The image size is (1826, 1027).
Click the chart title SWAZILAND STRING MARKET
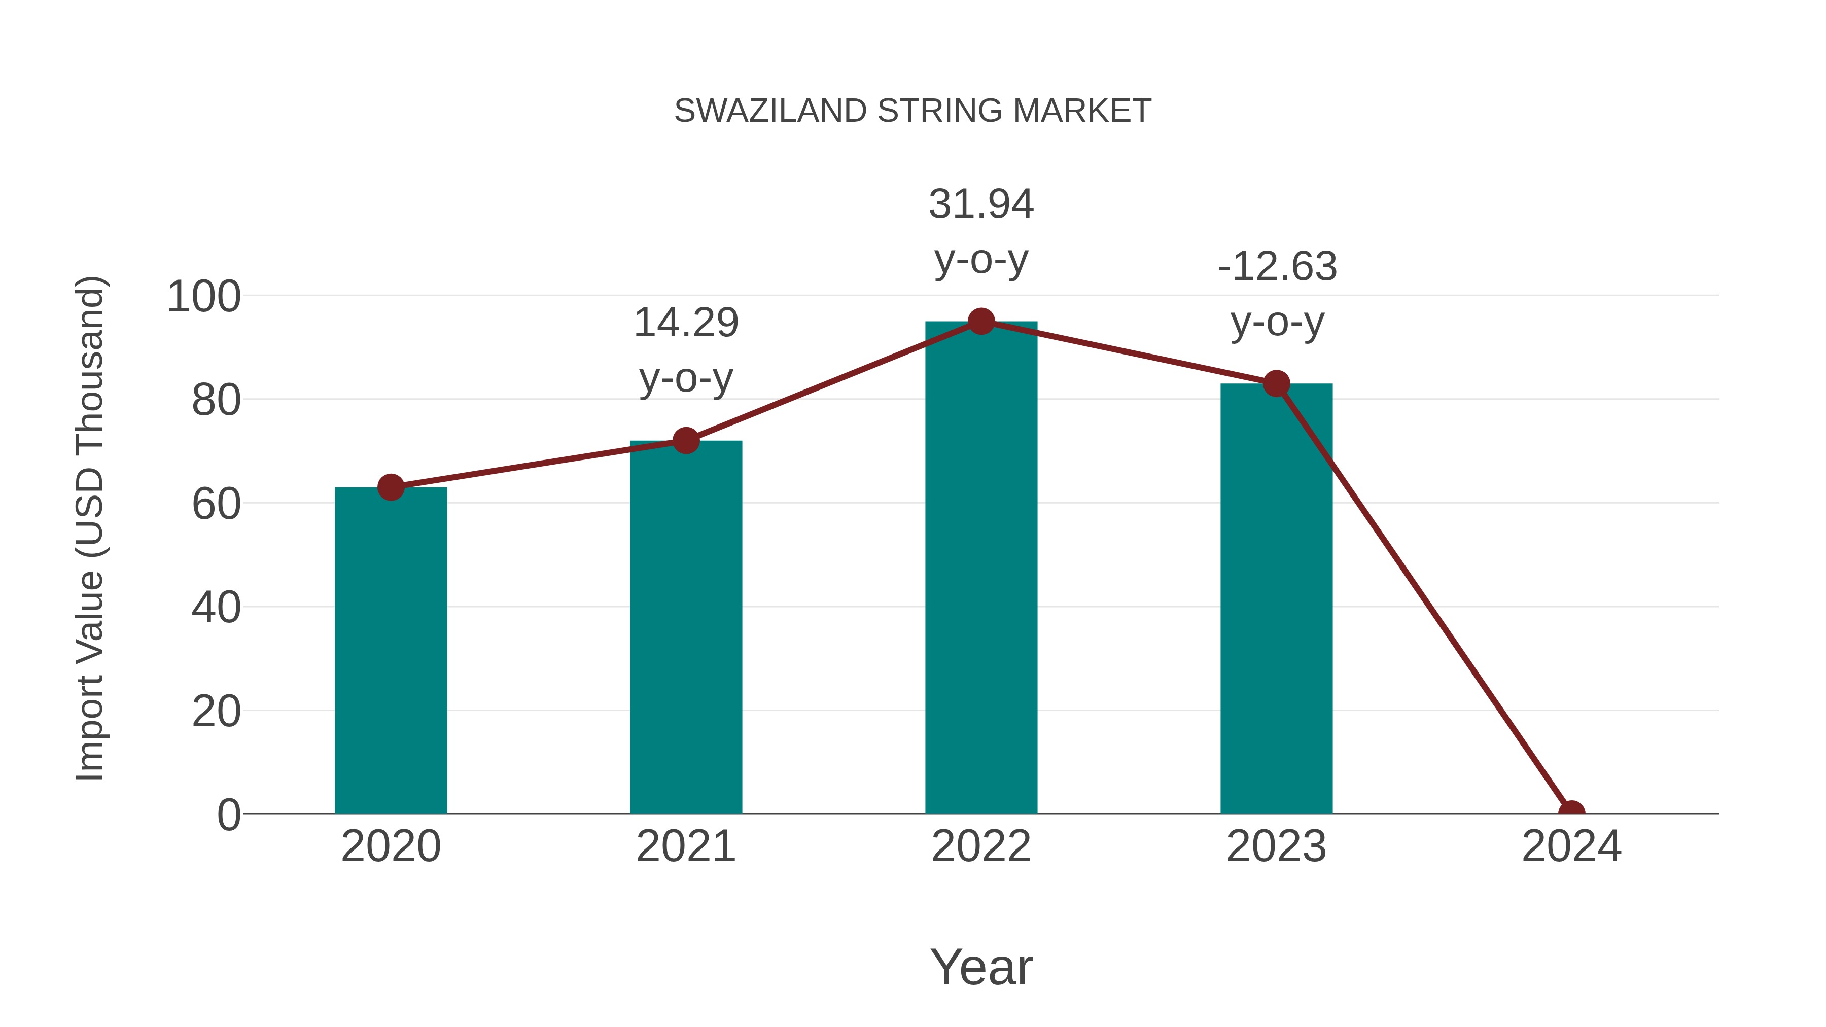tap(912, 111)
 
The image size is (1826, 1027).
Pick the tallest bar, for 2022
tap(981, 567)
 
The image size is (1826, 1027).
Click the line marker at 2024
tap(1571, 812)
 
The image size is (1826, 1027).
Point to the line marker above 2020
tap(391, 487)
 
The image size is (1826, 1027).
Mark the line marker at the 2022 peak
tap(981, 322)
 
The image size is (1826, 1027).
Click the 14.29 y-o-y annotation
tap(685, 349)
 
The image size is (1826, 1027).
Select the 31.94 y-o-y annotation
tap(981, 231)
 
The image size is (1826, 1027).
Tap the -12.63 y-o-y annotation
tap(1277, 294)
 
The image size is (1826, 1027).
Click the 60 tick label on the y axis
tap(216, 504)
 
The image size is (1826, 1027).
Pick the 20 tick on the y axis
tap(216, 711)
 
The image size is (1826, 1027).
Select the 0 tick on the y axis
tap(228, 814)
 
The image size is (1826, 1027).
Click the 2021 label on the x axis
tap(685, 846)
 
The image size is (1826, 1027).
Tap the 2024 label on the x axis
tap(1571, 846)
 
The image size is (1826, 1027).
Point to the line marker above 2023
tap(1276, 383)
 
